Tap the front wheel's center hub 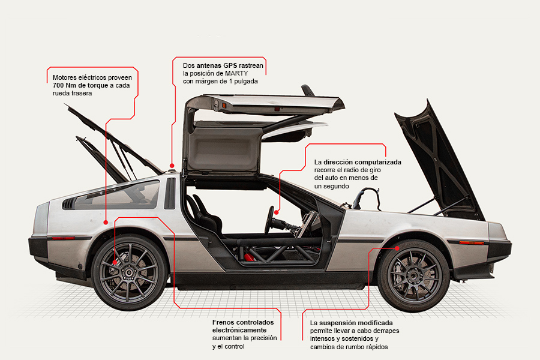[414, 275]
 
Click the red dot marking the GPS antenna [172, 164]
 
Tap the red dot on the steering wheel [278, 211]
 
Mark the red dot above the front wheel [398, 246]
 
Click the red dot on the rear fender [106, 222]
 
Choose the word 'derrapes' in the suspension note [385, 331]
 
